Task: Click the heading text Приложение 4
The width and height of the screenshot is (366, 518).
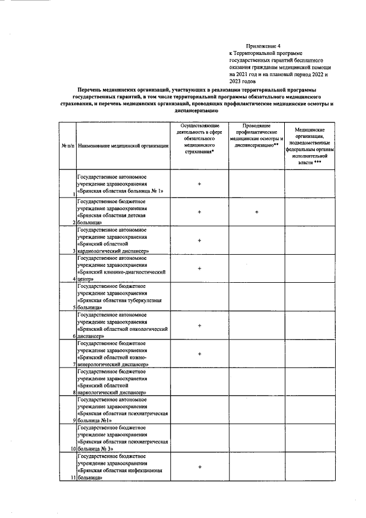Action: point(264,45)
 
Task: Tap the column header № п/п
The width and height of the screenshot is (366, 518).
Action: point(68,147)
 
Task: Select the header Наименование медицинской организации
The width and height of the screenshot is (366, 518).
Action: point(123,147)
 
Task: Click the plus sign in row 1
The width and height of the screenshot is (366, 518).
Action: point(200,184)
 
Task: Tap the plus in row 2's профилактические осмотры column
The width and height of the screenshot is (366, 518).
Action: point(257,212)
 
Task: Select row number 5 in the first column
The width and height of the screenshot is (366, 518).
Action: point(74,307)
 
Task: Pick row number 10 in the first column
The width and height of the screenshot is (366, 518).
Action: point(73,449)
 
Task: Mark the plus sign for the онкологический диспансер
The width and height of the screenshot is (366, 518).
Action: point(200,325)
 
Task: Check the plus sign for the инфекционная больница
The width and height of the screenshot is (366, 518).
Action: point(200,467)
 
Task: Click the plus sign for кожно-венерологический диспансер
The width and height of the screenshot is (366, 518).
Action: point(200,354)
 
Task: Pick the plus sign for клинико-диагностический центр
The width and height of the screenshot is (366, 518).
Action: point(200,268)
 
